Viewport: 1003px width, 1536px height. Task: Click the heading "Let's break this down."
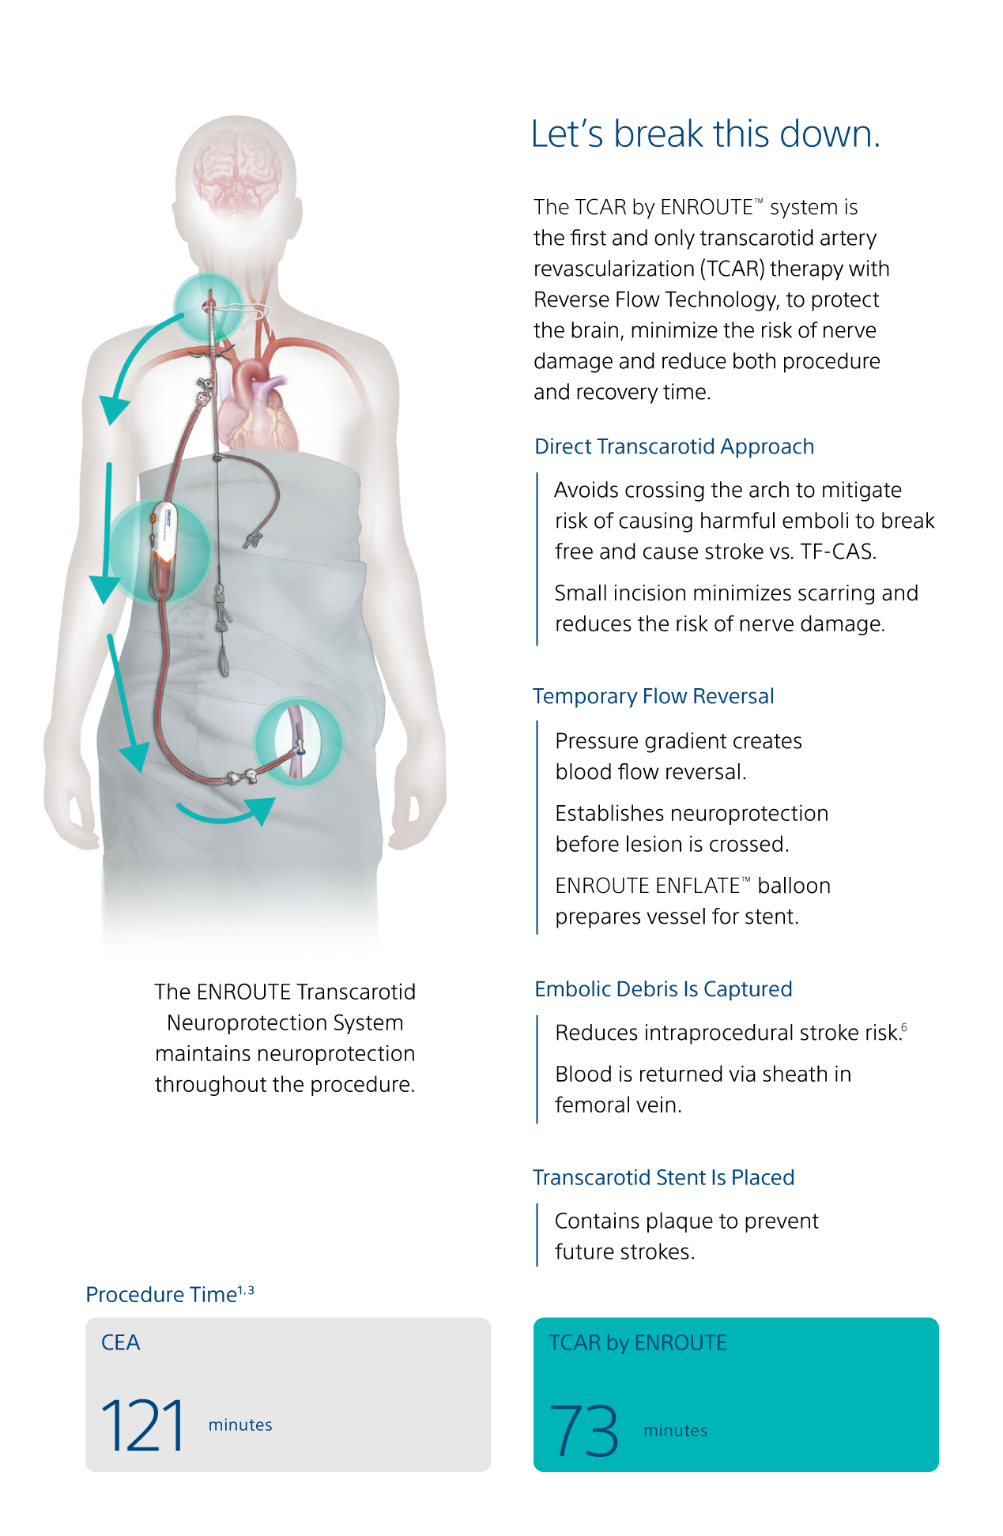click(x=705, y=134)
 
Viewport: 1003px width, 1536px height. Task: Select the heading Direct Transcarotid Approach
click(x=674, y=446)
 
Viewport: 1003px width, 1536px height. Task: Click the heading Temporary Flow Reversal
click(x=653, y=696)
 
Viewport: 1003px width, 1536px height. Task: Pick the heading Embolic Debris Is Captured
click(x=663, y=989)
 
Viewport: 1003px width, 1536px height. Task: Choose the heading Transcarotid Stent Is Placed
click(x=663, y=1177)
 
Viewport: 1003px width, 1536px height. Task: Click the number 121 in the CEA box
click(x=143, y=1425)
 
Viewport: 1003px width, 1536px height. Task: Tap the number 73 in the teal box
click(x=584, y=1430)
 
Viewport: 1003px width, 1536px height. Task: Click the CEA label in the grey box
click(x=121, y=1342)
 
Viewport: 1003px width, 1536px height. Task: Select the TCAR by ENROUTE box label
click(x=638, y=1342)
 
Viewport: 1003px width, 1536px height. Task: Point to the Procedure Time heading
click(x=169, y=1293)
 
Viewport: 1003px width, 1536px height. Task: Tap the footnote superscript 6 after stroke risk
click(x=904, y=1027)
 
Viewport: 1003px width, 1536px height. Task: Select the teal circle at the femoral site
click(x=297, y=742)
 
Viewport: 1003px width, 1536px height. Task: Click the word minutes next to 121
click(x=240, y=1425)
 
